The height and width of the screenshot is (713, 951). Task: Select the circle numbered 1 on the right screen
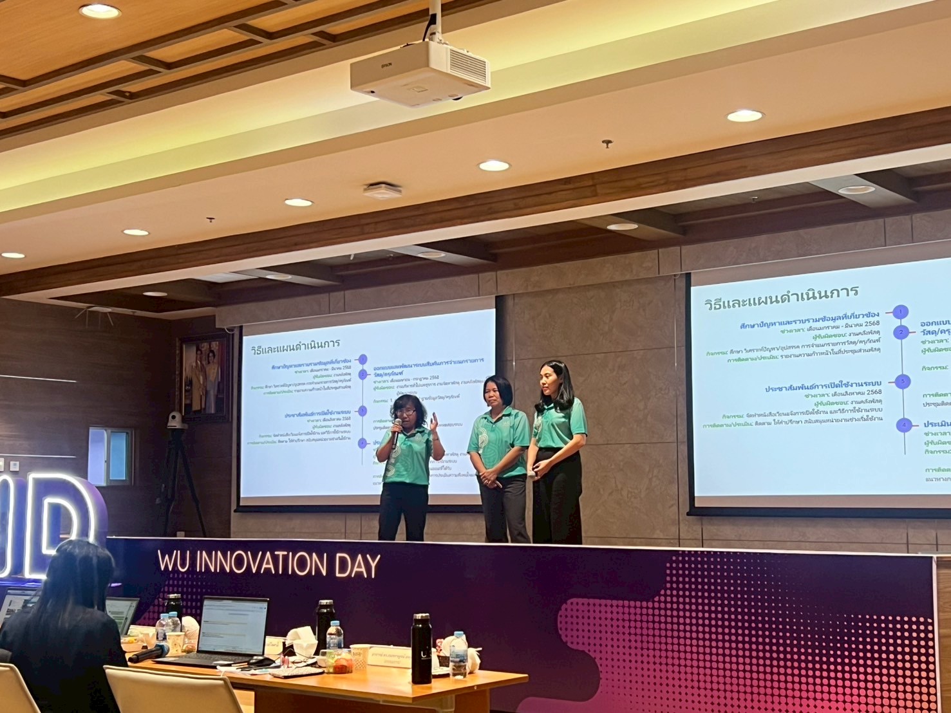901,312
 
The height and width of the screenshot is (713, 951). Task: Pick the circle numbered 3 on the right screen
903,381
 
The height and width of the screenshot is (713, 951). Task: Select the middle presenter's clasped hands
489,477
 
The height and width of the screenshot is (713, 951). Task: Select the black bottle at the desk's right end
420,648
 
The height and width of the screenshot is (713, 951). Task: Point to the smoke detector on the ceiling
382,190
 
